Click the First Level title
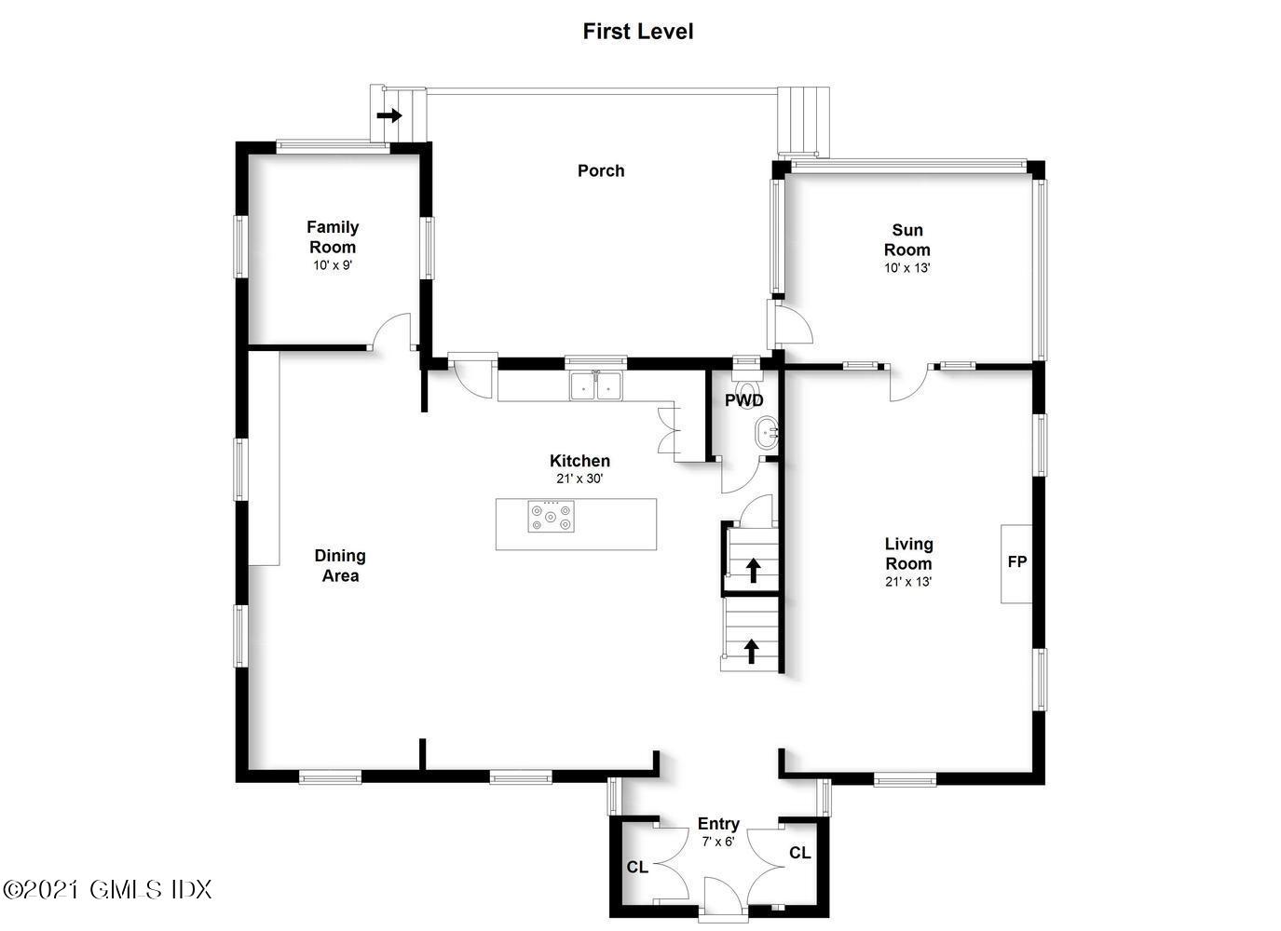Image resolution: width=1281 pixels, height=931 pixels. click(637, 32)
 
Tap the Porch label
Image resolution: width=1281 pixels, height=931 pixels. click(601, 170)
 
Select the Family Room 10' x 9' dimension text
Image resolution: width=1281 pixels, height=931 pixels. click(333, 265)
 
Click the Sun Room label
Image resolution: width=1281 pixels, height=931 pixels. click(907, 239)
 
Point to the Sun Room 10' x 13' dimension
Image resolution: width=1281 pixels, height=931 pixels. click(907, 267)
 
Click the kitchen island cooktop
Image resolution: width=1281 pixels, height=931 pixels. click(551, 516)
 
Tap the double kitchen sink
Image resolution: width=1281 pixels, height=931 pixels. click(595, 385)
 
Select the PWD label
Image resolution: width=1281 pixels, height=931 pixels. click(744, 400)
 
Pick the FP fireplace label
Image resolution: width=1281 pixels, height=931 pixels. click(1016, 561)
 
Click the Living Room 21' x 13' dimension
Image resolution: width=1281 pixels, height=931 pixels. click(908, 581)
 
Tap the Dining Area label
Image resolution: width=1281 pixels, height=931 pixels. click(340, 565)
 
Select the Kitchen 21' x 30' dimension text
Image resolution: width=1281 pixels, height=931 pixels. click(579, 479)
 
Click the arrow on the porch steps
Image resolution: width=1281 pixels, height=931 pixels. click(389, 116)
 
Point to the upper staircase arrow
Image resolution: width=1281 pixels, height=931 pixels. click(753, 570)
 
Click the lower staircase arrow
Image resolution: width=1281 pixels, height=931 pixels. click(752, 651)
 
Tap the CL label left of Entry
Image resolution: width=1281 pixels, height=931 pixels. click(637, 867)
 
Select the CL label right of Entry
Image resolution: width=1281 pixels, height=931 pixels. click(800, 853)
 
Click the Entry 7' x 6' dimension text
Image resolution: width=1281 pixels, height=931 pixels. click(718, 842)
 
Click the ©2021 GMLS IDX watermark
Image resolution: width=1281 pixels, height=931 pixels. click(107, 889)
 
